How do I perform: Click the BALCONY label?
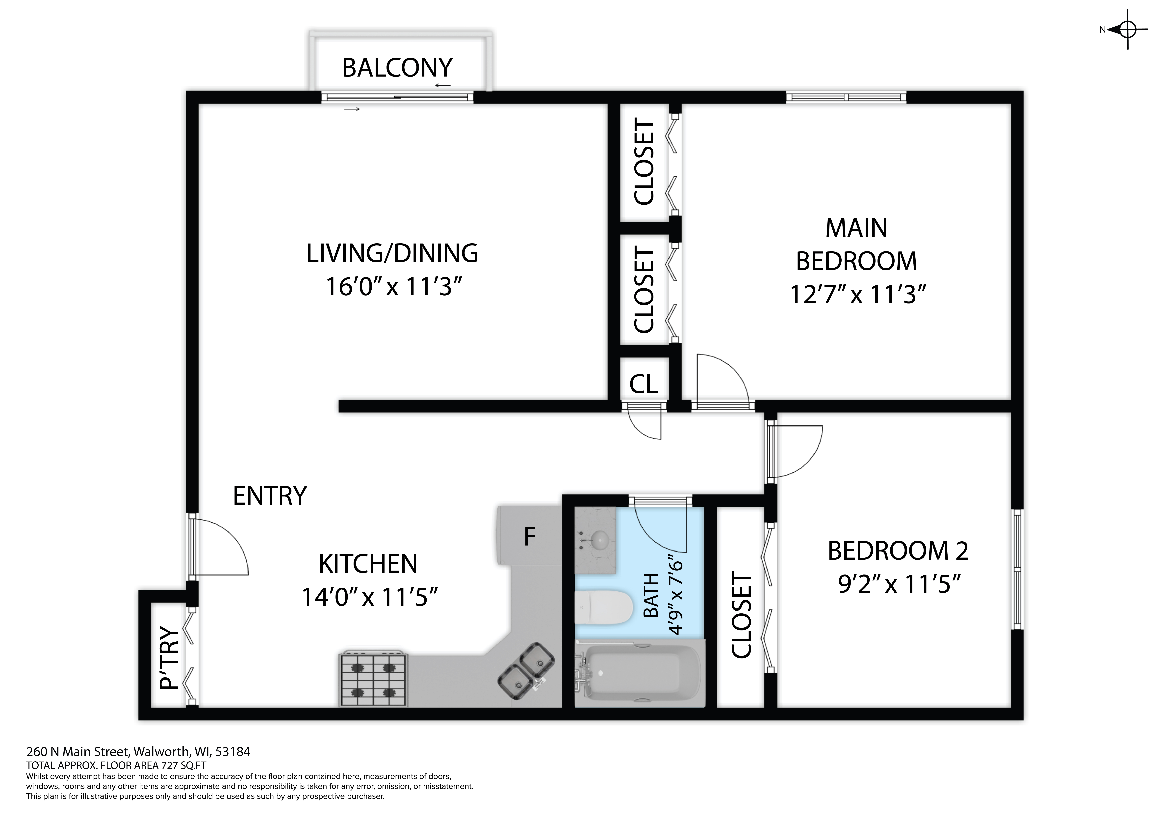397,68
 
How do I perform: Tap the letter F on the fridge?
529,537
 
